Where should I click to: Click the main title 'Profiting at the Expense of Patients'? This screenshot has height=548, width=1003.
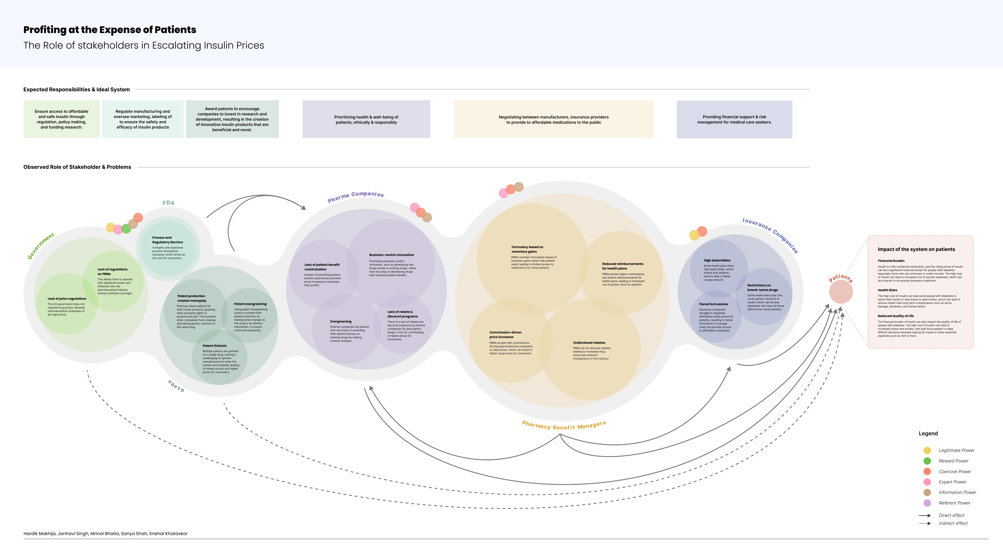tap(110, 30)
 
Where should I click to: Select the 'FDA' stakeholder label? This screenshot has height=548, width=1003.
tap(168, 203)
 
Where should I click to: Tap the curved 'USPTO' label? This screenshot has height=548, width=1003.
tap(176, 386)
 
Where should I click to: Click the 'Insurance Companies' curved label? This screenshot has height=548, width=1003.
tap(770, 234)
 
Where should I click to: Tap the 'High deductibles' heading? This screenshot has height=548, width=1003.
tap(717, 260)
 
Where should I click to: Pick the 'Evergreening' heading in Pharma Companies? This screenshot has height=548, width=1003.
tap(341, 321)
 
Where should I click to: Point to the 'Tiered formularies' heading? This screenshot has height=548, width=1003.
tap(713, 304)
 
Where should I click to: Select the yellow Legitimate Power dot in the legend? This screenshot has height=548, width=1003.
tap(927, 450)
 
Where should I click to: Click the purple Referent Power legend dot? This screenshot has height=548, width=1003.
tap(927, 503)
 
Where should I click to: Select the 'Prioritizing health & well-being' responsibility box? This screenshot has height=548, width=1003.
tap(366, 119)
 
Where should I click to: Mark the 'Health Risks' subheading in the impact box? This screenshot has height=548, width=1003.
tap(887, 290)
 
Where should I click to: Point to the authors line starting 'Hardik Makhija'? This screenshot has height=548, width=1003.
tap(105, 534)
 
